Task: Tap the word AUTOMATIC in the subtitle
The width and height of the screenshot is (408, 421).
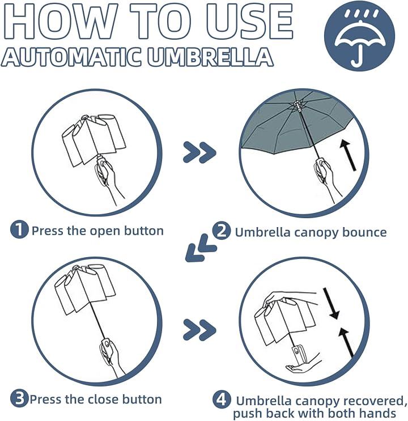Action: pyautogui.click(x=72, y=57)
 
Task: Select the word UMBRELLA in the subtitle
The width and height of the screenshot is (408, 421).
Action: pyautogui.click(x=211, y=57)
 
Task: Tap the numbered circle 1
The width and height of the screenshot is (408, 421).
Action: pyautogui.click(x=19, y=229)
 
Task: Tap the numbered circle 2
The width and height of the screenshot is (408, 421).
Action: pyautogui.click(x=222, y=231)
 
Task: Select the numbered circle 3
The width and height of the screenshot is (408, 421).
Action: pyautogui.click(x=19, y=398)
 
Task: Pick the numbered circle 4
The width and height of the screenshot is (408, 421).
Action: pyautogui.click(x=222, y=400)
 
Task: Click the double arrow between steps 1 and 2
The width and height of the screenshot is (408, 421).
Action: pyautogui.click(x=199, y=152)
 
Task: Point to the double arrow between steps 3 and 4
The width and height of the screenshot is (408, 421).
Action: pyautogui.click(x=199, y=330)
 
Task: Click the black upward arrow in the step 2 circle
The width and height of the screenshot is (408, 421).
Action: pyautogui.click(x=348, y=155)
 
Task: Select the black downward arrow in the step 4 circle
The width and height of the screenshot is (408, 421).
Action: pyautogui.click(x=331, y=303)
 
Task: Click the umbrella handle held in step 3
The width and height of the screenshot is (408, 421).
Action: pyautogui.click(x=106, y=348)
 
